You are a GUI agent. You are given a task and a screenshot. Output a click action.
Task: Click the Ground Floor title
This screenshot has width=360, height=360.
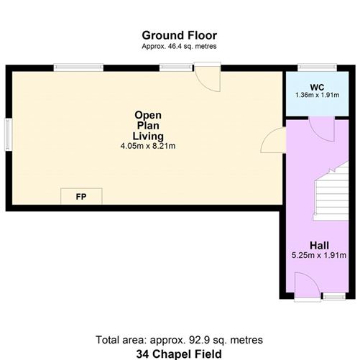click(x=179, y=34)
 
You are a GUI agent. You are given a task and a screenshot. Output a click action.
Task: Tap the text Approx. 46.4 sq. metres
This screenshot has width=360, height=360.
click(x=179, y=46)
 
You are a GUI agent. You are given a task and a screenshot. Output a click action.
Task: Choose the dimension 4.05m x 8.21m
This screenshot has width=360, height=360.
click(x=148, y=146)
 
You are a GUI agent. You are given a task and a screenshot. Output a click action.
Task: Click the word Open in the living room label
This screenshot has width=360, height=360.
click(x=148, y=115)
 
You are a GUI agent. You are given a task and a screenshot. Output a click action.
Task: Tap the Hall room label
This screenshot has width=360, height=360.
click(x=319, y=245)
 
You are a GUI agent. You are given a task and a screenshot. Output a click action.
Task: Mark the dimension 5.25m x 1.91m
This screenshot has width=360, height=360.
click(x=319, y=255)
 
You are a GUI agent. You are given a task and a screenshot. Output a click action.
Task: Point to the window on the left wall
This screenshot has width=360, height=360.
click(x=9, y=134)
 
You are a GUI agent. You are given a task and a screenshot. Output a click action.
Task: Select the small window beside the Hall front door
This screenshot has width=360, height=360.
click(x=333, y=295)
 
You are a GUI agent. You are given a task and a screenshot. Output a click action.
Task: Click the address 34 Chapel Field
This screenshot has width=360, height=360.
click(x=179, y=353)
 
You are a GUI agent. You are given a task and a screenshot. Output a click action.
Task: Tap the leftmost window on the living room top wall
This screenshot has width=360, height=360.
click(x=78, y=68)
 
